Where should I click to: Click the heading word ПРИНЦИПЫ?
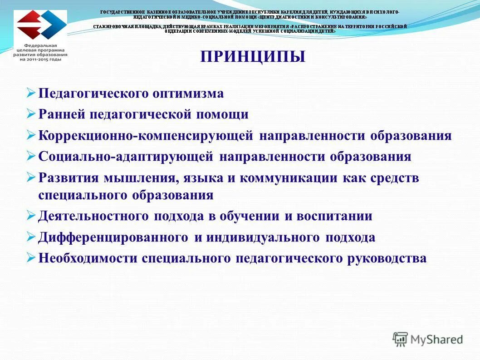253,57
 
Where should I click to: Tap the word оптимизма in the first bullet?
188,94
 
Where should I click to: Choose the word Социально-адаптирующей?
126,157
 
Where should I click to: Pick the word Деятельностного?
94,216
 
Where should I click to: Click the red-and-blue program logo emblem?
40,25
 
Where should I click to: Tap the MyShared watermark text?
436,339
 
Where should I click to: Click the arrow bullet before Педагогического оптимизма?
31,93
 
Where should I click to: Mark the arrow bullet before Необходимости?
31,258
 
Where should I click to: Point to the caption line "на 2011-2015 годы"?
40,59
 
